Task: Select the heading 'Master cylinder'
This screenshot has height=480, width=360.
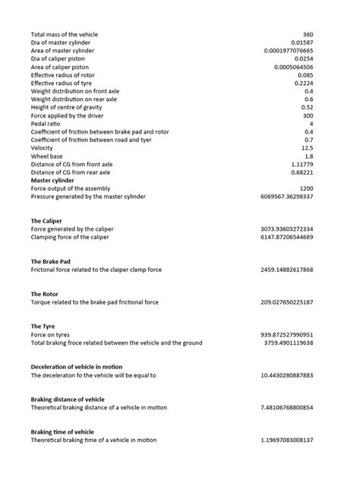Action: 52,181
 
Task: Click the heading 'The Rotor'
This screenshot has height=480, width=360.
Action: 45,294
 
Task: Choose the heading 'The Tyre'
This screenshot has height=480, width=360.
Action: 43,327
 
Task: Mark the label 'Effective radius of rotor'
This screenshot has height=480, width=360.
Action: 65,75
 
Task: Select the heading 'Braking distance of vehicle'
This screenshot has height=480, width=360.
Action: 68,399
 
